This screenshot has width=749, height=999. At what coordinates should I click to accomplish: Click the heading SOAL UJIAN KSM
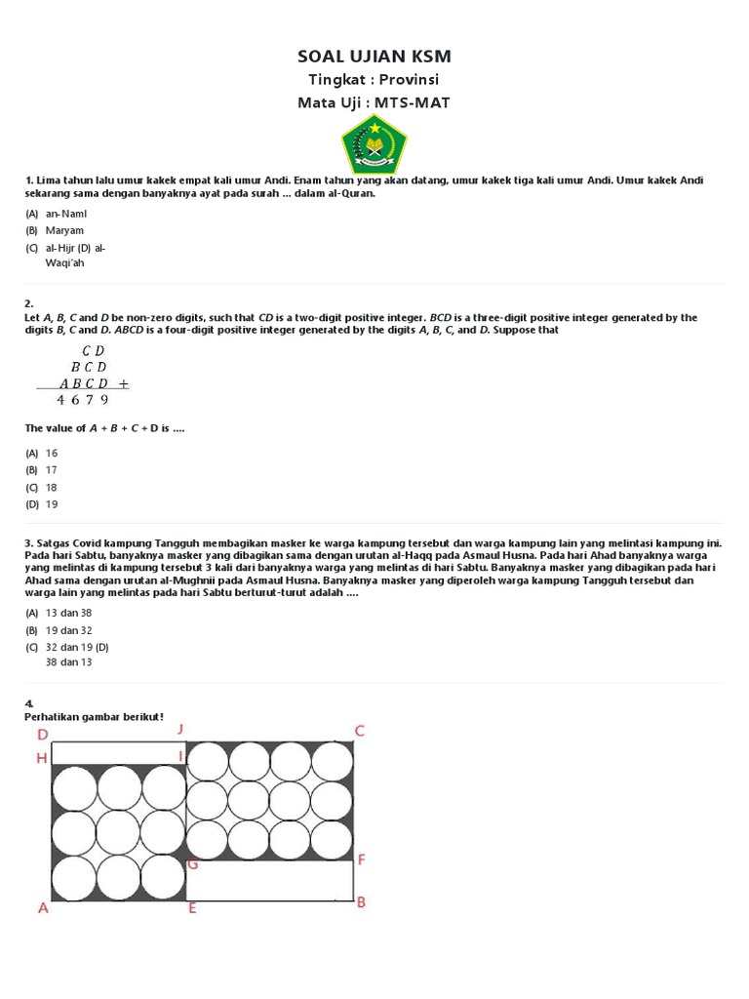point(374,56)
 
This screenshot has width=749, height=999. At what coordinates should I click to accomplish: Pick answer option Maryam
point(64,230)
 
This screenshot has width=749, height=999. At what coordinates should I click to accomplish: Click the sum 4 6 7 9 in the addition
point(82,399)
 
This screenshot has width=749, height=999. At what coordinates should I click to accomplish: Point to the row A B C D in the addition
point(84,383)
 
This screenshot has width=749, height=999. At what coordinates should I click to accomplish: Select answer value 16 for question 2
point(52,453)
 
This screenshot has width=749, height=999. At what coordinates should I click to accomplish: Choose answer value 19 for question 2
point(52,504)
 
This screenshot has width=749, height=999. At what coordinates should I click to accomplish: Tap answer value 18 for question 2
point(52,487)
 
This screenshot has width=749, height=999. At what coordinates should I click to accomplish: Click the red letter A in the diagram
point(43,908)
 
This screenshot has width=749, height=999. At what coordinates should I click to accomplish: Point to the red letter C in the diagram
point(359,731)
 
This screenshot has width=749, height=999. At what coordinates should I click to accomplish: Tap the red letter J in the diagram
point(180,729)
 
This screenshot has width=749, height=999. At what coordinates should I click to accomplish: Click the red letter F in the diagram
point(361,859)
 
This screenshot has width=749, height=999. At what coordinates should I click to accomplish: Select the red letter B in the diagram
point(361,902)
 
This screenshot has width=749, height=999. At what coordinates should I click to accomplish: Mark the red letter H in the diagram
point(42,757)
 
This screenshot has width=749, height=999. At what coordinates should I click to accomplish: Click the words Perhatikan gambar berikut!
point(95,717)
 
